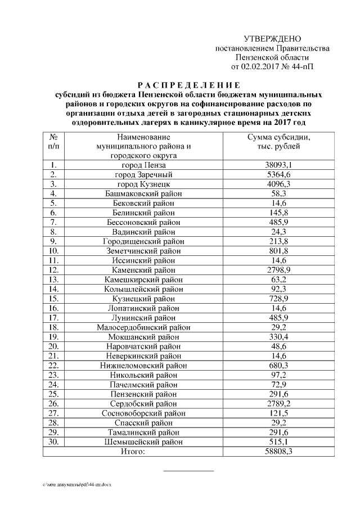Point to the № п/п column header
[x=55, y=142]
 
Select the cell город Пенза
[x=144, y=165]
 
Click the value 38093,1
[x=280, y=165]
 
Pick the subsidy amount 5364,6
[x=280, y=174]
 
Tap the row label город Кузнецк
[x=144, y=184]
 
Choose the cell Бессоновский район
[x=144, y=222]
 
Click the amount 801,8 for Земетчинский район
[x=280, y=251]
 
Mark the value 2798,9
[x=280, y=270]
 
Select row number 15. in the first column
[x=54, y=299]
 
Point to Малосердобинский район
[x=144, y=327]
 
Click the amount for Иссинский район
[x=280, y=260]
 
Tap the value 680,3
[x=280, y=366]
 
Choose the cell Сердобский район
[x=144, y=404]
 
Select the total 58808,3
[x=280, y=452]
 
